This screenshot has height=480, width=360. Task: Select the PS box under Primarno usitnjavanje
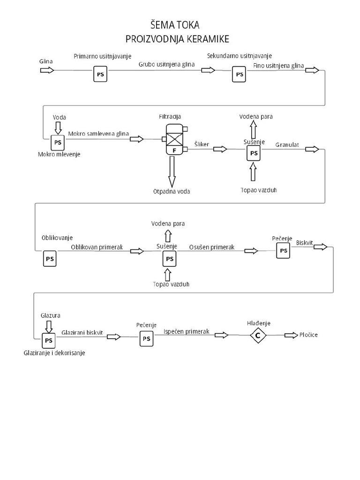click(x=100, y=74)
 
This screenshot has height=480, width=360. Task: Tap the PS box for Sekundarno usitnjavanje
click(x=239, y=74)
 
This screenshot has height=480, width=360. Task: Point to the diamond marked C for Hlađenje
click(x=257, y=335)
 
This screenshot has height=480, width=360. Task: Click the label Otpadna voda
click(x=172, y=191)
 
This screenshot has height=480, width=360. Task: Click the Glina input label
click(x=46, y=61)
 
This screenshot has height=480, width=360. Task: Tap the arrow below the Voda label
click(x=59, y=127)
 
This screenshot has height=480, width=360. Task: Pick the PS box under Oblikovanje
click(x=50, y=259)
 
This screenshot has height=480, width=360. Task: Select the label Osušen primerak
click(x=211, y=247)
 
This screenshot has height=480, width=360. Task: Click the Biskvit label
click(x=305, y=242)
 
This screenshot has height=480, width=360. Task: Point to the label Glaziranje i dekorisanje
click(x=54, y=352)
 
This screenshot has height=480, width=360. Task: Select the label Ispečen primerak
click(x=186, y=331)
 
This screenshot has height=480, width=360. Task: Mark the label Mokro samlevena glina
click(x=98, y=134)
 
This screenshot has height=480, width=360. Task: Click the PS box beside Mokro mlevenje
click(x=58, y=142)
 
